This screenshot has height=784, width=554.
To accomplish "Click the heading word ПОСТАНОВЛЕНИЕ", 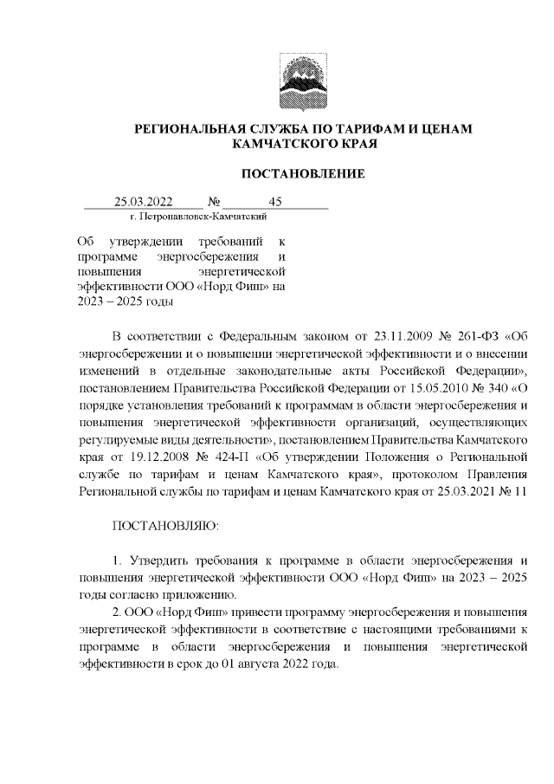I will point(302,174).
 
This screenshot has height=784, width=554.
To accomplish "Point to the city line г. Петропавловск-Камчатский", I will point(196,217).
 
